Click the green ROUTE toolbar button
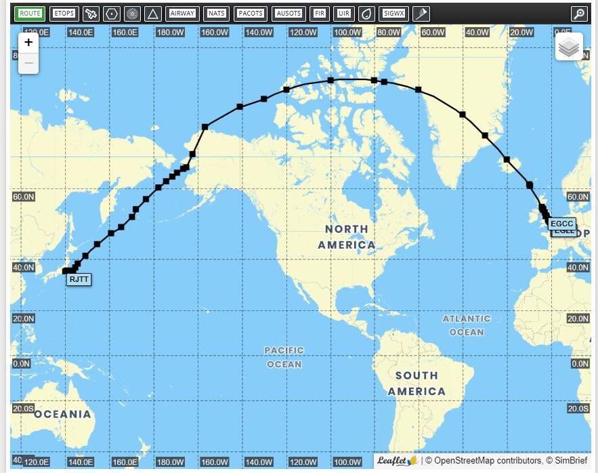click(30, 14)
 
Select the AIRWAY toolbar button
click(182, 14)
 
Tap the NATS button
click(216, 14)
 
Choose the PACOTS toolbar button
click(251, 14)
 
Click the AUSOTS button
click(289, 14)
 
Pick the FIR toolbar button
click(320, 14)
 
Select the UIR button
click(343, 14)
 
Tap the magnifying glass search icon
click(579, 14)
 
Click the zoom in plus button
click(28, 43)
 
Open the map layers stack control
click(570, 47)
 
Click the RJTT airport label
click(79, 279)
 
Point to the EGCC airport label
click(562, 224)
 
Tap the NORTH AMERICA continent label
click(346, 237)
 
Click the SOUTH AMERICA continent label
click(417, 383)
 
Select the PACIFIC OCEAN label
click(284, 357)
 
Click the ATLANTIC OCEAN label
click(467, 325)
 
